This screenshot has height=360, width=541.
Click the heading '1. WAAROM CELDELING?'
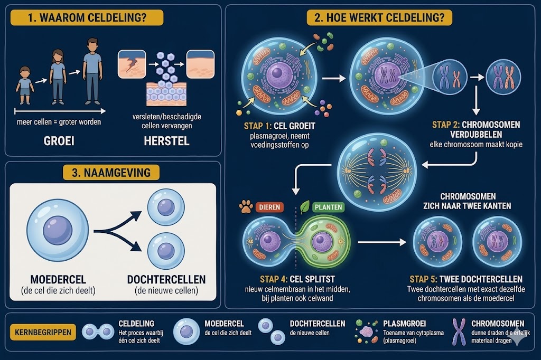[x=87, y=17]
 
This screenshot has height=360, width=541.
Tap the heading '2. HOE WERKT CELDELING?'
[x=379, y=17]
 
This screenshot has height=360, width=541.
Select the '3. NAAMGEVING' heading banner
[x=111, y=173]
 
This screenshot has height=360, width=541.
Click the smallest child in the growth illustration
[x=25, y=86]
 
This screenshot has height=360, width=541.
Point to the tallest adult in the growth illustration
[x=92, y=71]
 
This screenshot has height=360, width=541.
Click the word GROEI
[x=59, y=141]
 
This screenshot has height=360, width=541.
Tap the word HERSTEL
[x=166, y=141]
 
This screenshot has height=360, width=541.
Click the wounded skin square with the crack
[x=132, y=64]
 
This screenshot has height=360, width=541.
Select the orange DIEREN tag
[x=270, y=207]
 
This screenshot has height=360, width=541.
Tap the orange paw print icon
[x=246, y=207]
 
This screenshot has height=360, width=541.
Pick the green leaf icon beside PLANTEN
[x=305, y=207]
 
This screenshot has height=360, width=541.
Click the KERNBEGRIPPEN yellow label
[x=43, y=333]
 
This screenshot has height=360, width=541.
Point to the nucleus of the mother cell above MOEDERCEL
[x=58, y=230]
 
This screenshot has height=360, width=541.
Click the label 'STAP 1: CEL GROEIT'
[x=279, y=126]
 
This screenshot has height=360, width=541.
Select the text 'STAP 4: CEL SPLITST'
[x=297, y=279]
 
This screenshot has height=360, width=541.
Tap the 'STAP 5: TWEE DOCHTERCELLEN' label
[x=466, y=279]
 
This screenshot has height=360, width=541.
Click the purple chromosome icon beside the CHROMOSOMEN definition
[x=459, y=331]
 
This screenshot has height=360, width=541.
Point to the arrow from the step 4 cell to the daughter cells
[x=382, y=242]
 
